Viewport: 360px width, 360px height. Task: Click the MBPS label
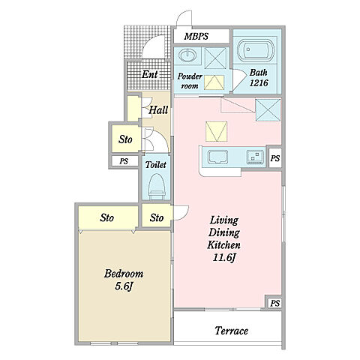click(196, 37)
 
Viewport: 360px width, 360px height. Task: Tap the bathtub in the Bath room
click(256, 49)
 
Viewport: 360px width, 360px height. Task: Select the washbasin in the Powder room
click(188, 55)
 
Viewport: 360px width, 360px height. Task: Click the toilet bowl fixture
click(157, 186)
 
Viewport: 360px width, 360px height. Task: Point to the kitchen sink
click(218, 157)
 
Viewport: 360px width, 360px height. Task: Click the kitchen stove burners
click(255, 157)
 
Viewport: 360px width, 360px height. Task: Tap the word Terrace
click(232, 331)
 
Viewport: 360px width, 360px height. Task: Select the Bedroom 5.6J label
click(124, 280)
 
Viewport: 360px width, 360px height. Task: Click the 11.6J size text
click(224, 257)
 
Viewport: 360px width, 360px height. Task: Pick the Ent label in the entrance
click(150, 74)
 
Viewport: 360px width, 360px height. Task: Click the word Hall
click(158, 110)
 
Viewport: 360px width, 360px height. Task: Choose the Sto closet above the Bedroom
click(108, 217)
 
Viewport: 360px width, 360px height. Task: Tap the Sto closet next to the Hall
click(126, 139)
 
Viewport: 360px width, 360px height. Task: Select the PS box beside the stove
click(275, 158)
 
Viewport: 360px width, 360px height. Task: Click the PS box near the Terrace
click(274, 303)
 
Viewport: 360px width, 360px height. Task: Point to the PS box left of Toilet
click(124, 161)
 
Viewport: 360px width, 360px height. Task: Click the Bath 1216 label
click(259, 77)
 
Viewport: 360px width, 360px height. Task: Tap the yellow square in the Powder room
click(214, 82)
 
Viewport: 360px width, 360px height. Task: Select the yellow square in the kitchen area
click(217, 131)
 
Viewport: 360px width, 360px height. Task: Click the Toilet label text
click(156, 165)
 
